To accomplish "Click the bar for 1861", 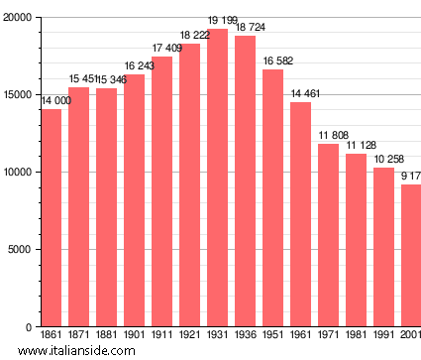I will tap(51, 218).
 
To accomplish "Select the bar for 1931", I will tap(217, 179).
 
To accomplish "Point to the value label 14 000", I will tap(55, 101).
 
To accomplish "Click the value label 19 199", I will tap(222, 21).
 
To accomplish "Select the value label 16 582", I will tap(277, 61).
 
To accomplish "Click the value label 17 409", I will tap(166, 49).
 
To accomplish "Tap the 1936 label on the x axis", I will tap(245, 336).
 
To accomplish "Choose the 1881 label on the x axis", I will tap(106, 336).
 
